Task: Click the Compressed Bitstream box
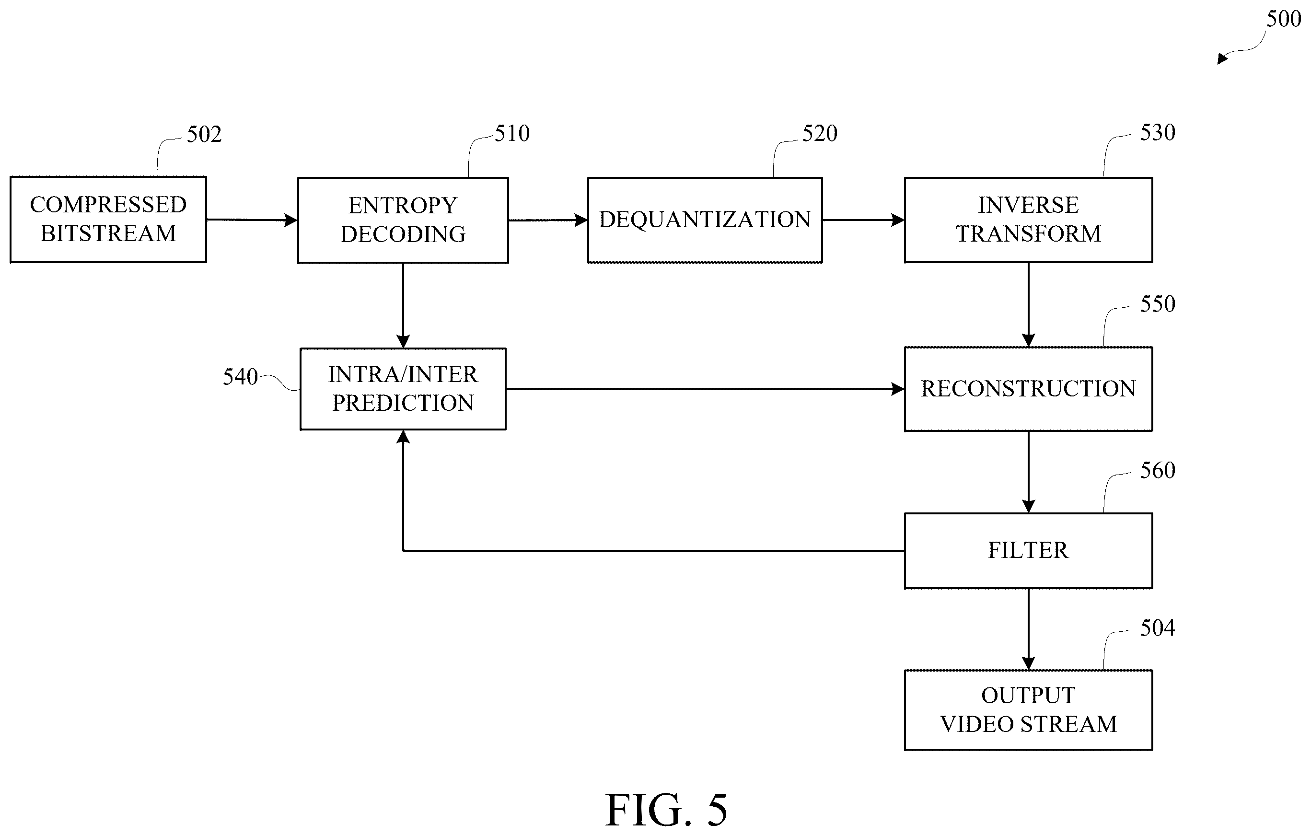coord(108,220)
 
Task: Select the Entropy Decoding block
coord(403,220)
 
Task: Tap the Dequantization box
coord(705,220)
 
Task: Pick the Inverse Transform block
coord(1029,220)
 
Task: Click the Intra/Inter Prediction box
coord(403,389)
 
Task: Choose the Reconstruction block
coord(1029,389)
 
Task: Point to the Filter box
coord(1029,551)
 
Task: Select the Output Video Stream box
coord(1029,709)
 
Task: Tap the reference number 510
coord(512,133)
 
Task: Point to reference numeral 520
coord(820,133)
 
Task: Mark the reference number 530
coord(1158,132)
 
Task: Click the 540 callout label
coord(240,377)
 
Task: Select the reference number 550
coord(1158,304)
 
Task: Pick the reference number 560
coord(1158,471)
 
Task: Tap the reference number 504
coord(1158,628)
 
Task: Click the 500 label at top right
coord(1284,19)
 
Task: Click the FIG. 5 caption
coord(666,810)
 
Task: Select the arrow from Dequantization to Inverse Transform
coord(863,220)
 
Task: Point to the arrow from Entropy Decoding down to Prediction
coord(403,305)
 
